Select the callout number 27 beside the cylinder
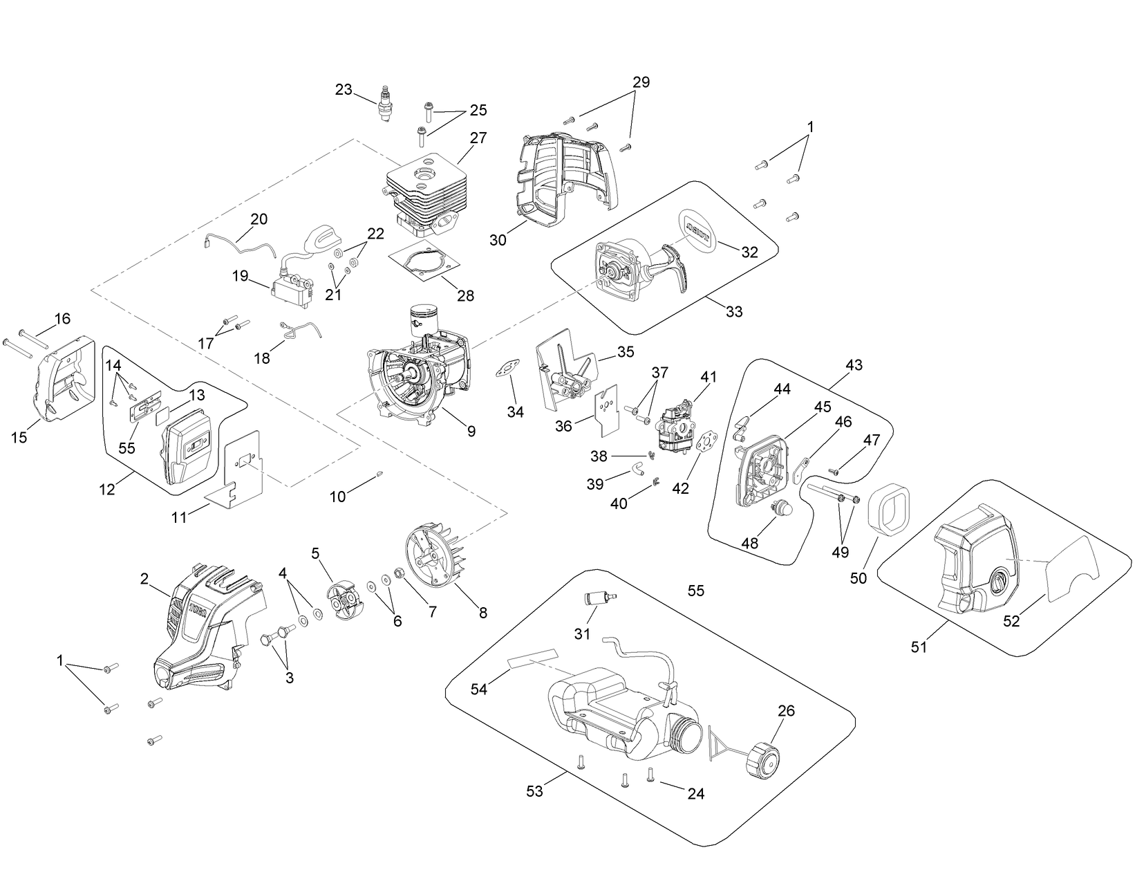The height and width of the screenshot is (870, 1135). coord(478,138)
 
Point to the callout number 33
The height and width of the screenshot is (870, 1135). coord(734,311)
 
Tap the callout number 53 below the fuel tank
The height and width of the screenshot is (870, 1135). coord(534,791)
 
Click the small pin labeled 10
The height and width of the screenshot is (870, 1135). coord(381,474)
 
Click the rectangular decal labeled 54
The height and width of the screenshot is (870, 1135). coord(534,659)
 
